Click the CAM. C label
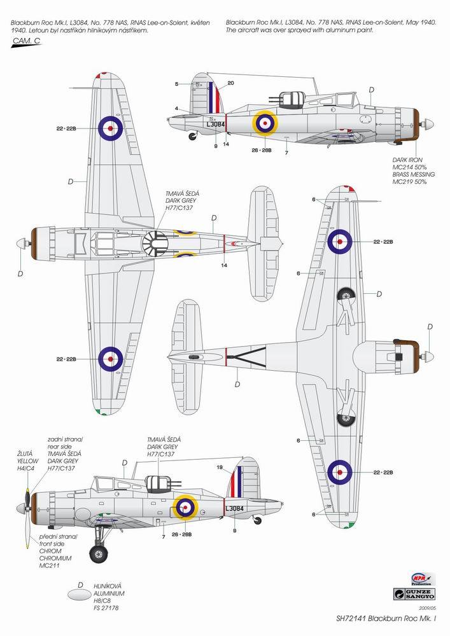25,42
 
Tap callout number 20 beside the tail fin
230,83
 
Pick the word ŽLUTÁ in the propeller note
25,453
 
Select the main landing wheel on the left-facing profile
98,552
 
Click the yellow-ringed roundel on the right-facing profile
265,123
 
